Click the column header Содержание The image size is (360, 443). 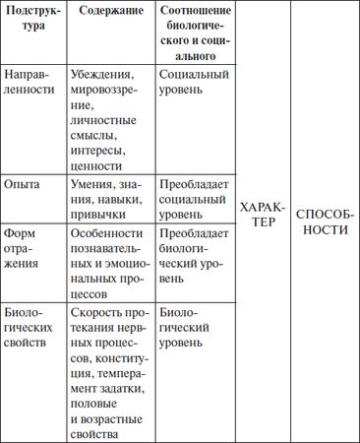click(x=111, y=19)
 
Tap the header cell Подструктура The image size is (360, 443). click(x=33, y=27)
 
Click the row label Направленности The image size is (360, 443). click(x=31, y=82)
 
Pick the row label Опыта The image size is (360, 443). click(x=22, y=184)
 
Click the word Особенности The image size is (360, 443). click(x=111, y=234)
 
